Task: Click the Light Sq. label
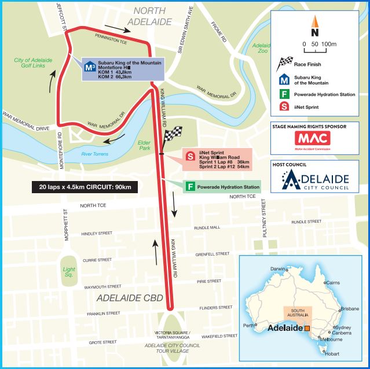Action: pyautogui.click(x=69, y=271)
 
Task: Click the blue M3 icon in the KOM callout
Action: pyautogui.click(x=89, y=68)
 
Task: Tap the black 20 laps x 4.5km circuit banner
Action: pyautogui.click(x=82, y=187)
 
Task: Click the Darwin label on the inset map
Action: pyautogui.click(x=278, y=269)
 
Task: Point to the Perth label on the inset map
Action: pyautogui.click(x=250, y=326)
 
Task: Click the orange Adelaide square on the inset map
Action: pyautogui.click(x=307, y=328)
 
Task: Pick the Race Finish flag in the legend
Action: pyautogui.click(x=284, y=63)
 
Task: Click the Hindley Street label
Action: pyautogui.click(x=96, y=234)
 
